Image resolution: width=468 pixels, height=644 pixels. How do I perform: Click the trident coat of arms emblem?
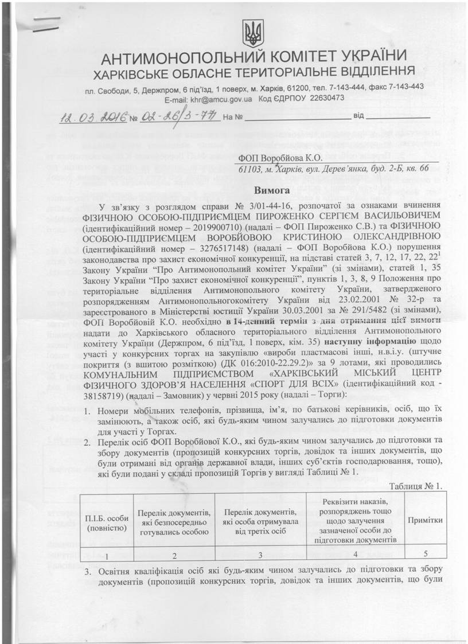[250, 34]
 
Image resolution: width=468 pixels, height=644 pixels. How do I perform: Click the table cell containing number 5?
[424, 555]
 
